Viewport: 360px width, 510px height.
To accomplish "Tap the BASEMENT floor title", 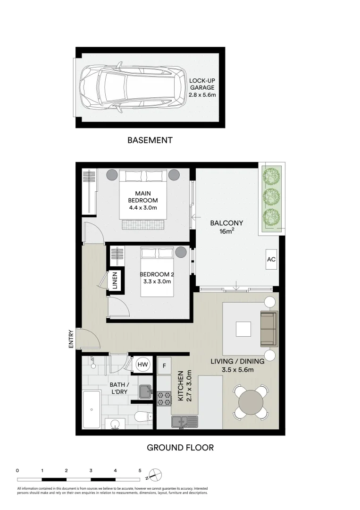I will pos(150,140).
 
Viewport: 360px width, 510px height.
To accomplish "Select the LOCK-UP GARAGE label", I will pos(201,88).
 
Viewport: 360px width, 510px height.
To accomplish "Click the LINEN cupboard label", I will pos(115,282).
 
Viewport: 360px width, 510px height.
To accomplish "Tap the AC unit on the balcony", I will pos(271,260).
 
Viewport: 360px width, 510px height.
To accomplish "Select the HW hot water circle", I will pos(142,364).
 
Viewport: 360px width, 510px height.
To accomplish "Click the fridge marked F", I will pos(164,365).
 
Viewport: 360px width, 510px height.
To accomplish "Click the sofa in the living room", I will pos(269,329).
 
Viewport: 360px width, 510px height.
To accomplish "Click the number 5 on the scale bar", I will pos(140,470).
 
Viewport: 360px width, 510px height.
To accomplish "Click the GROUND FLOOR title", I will pos(180,447).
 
